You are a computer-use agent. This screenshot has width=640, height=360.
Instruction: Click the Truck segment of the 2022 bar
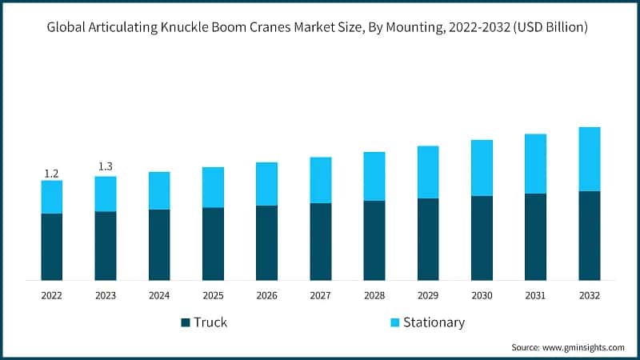pyautogui.click(x=52, y=246)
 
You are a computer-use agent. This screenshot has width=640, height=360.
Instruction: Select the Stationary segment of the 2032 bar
pyautogui.click(x=590, y=159)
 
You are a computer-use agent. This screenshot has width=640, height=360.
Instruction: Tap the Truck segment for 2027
pyautogui.click(x=321, y=242)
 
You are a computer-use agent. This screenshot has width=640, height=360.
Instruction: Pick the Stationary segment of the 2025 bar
pyautogui.click(x=213, y=187)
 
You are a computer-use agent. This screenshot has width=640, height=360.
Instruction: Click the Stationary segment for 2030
pyautogui.click(x=482, y=168)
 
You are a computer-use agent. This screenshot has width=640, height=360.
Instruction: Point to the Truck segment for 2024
pyautogui.click(x=159, y=245)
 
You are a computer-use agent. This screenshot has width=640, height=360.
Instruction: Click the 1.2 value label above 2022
pyautogui.click(x=52, y=174)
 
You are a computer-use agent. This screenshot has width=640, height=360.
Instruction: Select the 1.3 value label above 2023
pyautogui.click(x=106, y=166)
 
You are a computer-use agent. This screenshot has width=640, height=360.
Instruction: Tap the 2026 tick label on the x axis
pyautogui.click(x=266, y=295)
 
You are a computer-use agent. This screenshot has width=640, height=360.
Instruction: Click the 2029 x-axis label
pyautogui.click(x=428, y=295)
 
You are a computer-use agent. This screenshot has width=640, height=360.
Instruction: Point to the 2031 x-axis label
pyautogui.click(x=535, y=295)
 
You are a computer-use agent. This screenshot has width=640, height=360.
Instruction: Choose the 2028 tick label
pyautogui.click(x=374, y=295)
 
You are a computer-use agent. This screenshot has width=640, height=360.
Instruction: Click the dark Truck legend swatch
pyautogui.click(x=186, y=322)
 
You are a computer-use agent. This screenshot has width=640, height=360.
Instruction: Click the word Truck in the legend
pyautogui.click(x=211, y=322)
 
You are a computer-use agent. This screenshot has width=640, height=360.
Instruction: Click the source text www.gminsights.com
pyautogui.click(x=584, y=348)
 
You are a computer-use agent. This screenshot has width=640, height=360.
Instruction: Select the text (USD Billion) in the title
pyautogui.click(x=549, y=28)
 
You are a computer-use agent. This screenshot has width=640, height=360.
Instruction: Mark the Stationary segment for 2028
pyautogui.click(x=374, y=176)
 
